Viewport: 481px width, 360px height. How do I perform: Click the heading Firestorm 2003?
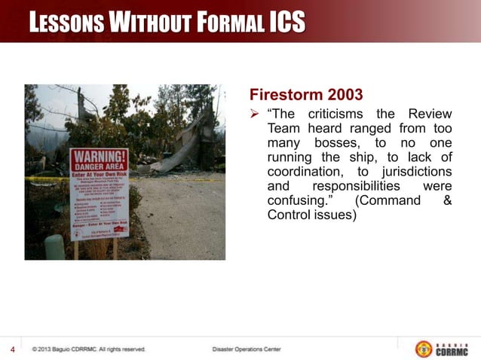click(x=305, y=96)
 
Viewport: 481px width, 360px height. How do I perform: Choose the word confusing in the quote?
click(x=299, y=200)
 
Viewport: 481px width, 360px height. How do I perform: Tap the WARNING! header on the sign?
click(x=99, y=158)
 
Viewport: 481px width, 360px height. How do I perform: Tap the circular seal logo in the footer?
click(x=424, y=349)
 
